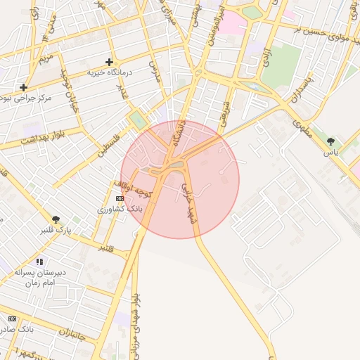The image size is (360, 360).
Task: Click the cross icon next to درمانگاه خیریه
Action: coord(109,62)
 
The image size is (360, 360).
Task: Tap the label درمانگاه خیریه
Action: coord(110,72)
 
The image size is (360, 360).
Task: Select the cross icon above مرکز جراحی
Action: coord(24,88)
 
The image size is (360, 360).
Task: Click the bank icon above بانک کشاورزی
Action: coord(119,199)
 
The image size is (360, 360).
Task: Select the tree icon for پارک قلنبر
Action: coord(56,219)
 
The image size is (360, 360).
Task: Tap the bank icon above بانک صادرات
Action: coord(12,318)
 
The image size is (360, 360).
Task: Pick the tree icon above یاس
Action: coord(330,141)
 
